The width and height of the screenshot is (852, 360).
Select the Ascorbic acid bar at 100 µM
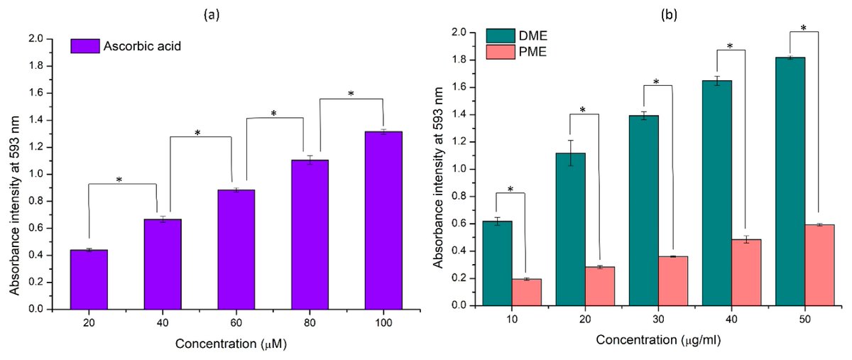[x=383, y=220]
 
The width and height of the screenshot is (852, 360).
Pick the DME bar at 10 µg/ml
[x=497, y=263]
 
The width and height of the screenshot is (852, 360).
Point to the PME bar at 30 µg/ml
[x=673, y=280]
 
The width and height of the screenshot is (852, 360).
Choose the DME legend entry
[x=515, y=35]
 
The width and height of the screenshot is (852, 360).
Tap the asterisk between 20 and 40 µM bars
[x=119, y=180]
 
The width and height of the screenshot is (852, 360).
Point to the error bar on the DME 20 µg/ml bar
[x=570, y=153]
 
